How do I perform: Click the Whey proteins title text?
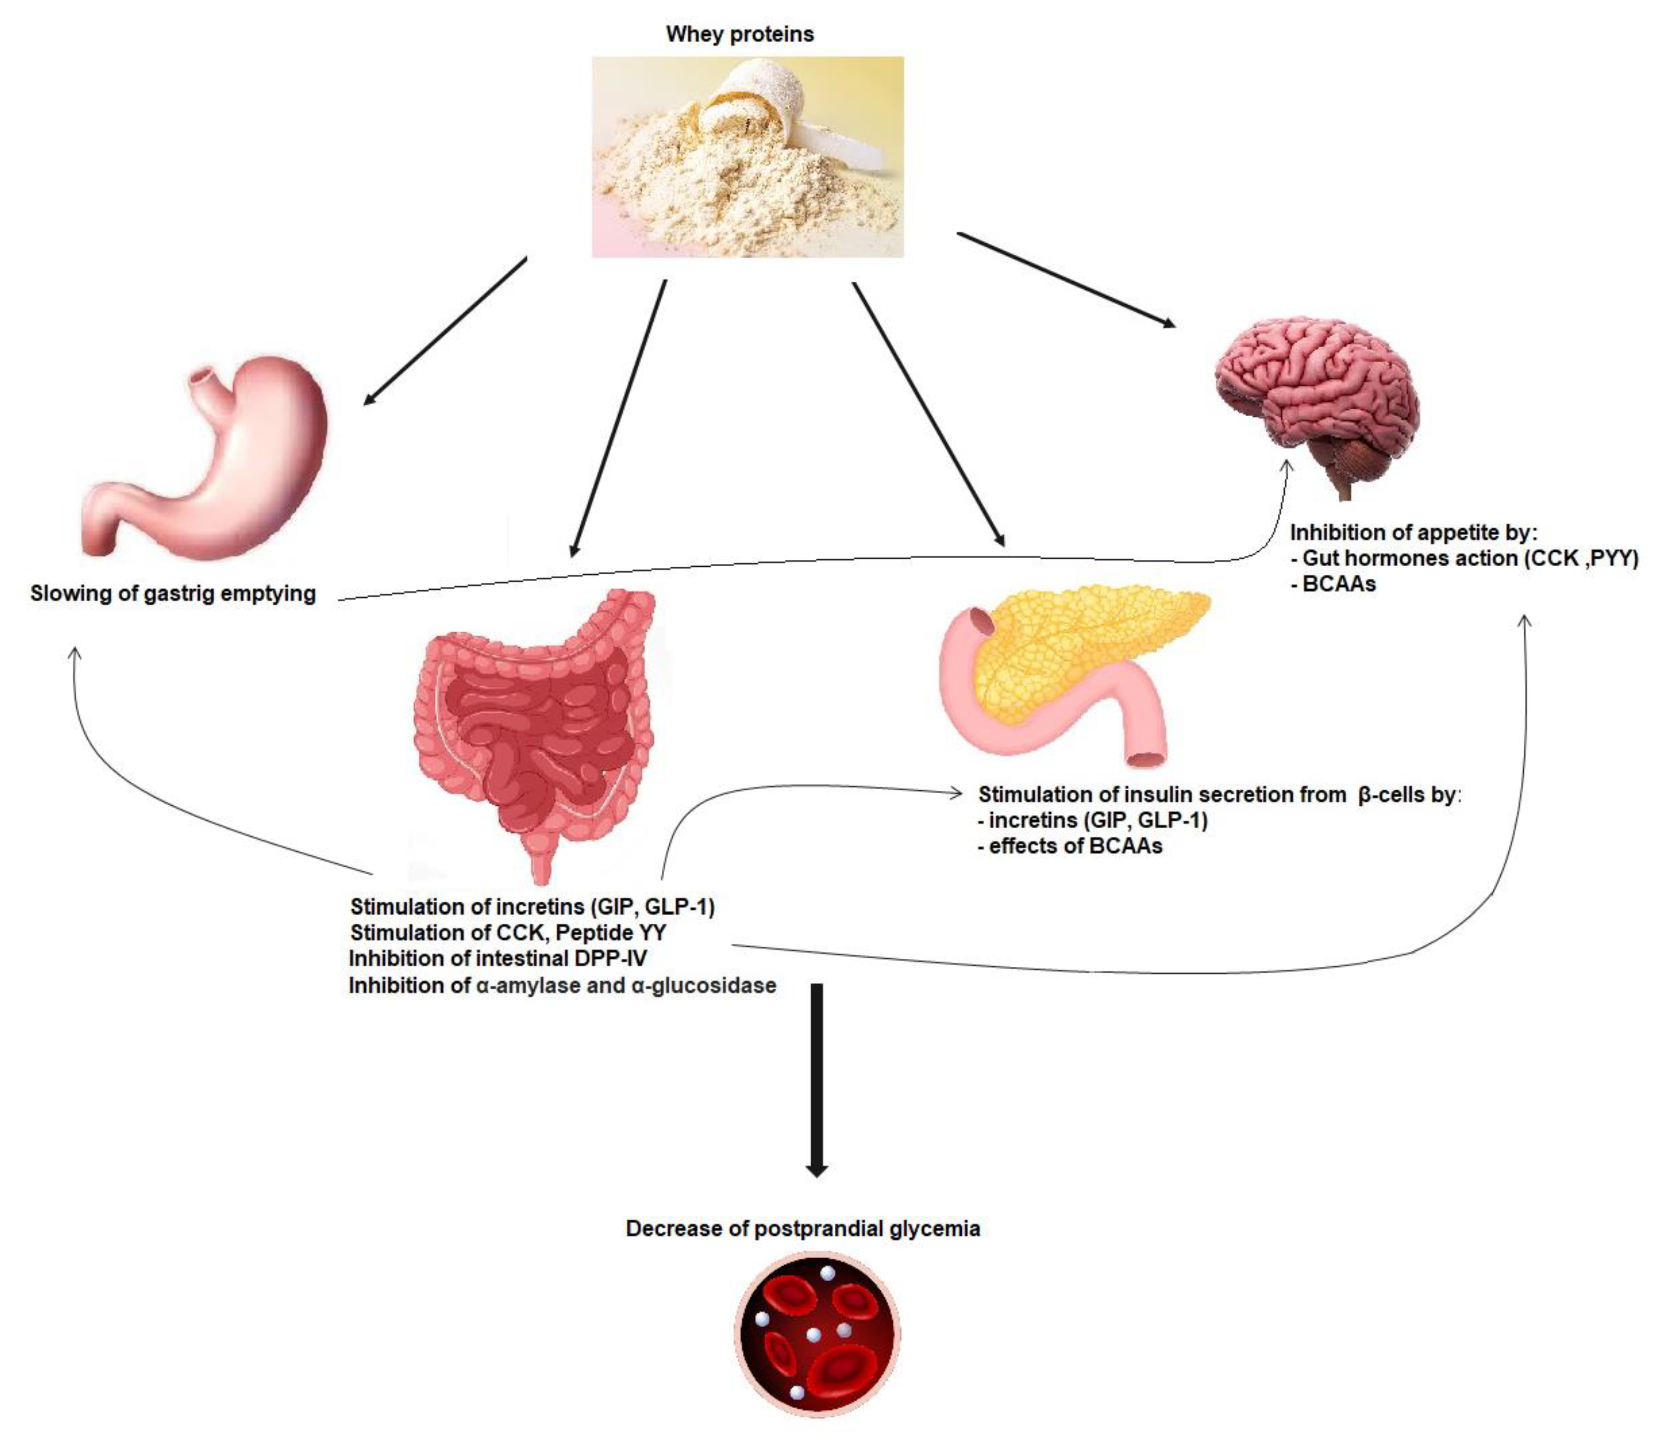pos(739,34)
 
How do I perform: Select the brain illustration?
pos(1313,386)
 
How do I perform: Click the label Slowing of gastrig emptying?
pos(173,594)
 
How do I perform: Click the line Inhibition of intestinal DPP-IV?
pos(498,959)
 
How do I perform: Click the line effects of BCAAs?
pos(1071,846)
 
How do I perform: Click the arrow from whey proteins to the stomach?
pos(445,330)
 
